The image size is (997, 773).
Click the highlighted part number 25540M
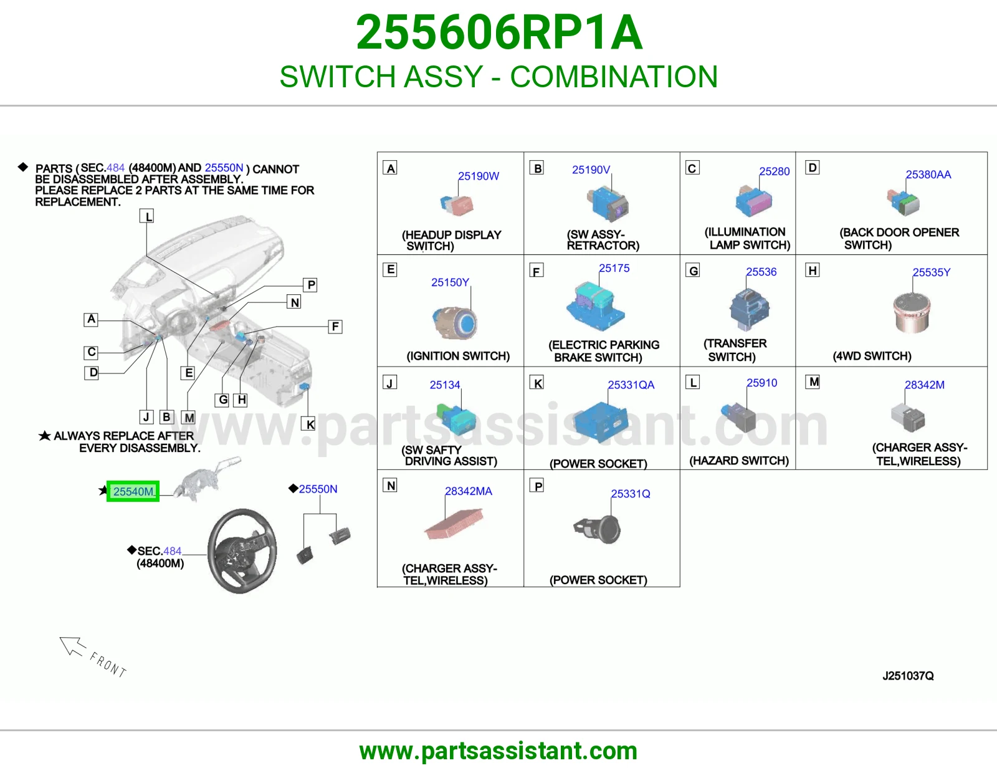133,491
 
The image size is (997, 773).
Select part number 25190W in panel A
478,176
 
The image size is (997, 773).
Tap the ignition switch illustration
455,323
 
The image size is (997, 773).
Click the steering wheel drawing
242,550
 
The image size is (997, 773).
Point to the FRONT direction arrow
72,646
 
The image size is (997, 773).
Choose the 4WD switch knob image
912,313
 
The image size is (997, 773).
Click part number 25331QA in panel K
631,385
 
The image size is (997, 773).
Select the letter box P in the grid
538,486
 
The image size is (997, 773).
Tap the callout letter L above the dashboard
147,216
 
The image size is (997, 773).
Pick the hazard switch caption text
738,461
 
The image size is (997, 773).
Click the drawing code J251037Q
908,676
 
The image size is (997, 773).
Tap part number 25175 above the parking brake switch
614,268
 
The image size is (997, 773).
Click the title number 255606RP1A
499,32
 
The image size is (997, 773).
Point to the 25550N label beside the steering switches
318,489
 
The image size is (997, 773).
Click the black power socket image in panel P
598,529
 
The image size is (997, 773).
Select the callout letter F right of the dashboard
335,327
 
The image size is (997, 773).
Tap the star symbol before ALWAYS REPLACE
44,435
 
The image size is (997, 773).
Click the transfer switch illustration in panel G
749,309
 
